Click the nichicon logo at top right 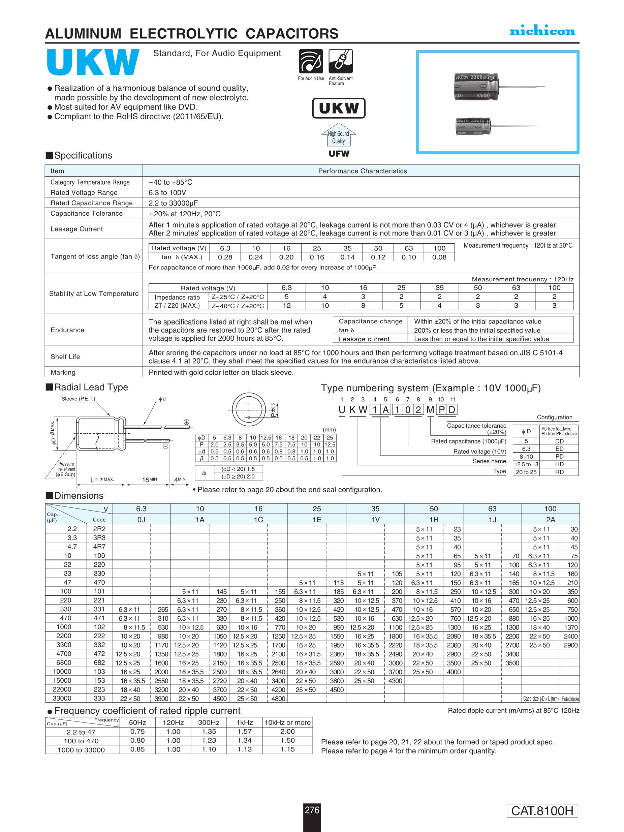coord(542,31)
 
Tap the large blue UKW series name coord(93,62)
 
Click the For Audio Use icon coord(311,61)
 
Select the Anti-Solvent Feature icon coord(340,61)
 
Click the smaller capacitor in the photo coord(473,126)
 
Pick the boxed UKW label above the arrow coord(339,108)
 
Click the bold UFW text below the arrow coord(339,153)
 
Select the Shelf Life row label coord(65,357)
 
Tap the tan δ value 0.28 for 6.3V coord(225,257)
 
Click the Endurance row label coord(67,330)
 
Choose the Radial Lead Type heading coord(91,387)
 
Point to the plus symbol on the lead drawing coord(186,422)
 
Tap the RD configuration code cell coord(559,472)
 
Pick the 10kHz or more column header coord(287,722)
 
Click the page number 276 coord(312,809)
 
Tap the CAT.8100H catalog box coord(542,810)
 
